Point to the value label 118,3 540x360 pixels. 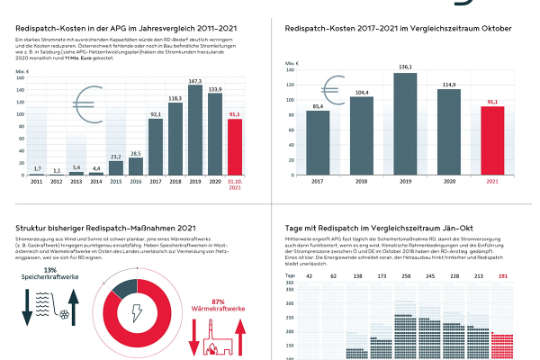coord(174,98)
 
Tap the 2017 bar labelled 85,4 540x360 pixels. coord(317,146)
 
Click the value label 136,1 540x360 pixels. coord(405,67)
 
